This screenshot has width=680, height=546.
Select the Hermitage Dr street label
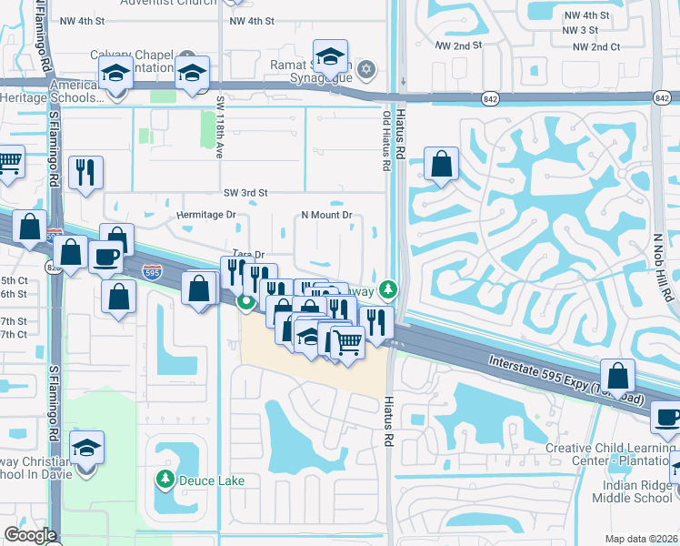[x=205, y=215]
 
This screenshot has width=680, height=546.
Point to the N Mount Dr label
[x=326, y=215]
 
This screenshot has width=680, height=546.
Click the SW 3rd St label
[x=245, y=193]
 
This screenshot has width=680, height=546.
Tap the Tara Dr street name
[x=247, y=256]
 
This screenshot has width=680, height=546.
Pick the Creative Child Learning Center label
[x=611, y=454]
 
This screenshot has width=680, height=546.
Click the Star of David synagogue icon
[x=367, y=69]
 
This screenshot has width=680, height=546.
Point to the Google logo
[x=30, y=535]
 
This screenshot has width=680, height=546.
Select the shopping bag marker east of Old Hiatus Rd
[x=441, y=164]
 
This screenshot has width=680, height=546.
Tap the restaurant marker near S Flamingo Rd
[x=85, y=172]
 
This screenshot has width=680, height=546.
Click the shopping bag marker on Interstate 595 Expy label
[x=617, y=375]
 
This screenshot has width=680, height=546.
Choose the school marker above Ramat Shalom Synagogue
[x=330, y=56]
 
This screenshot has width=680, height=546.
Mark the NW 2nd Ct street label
[x=591, y=46]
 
